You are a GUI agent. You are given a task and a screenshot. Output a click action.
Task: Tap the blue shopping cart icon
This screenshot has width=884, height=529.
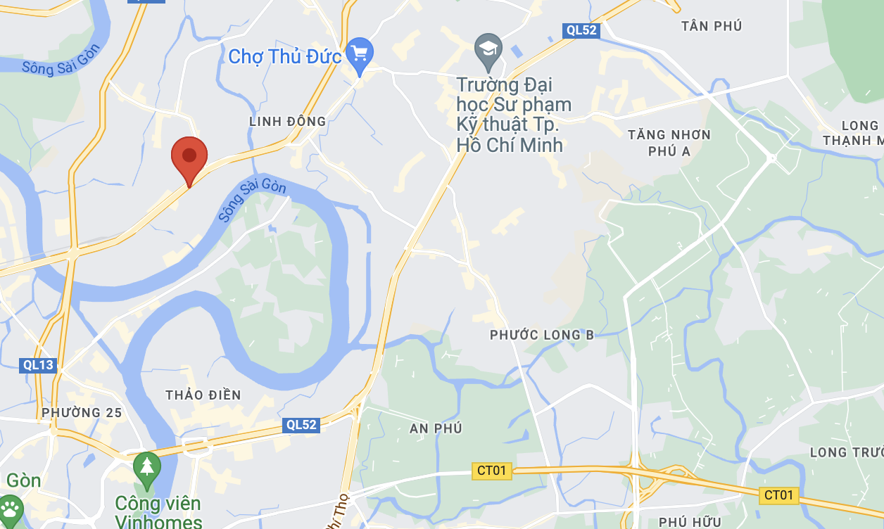point(360,53)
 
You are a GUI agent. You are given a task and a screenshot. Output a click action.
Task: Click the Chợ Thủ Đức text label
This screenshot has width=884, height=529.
point(284,56)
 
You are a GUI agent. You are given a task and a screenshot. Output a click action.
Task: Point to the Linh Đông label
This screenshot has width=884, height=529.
point(288,122)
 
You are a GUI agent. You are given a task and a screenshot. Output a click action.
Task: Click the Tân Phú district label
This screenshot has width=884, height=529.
point(712,26)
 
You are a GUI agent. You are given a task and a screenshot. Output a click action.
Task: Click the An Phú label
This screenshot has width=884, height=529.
point(436,428)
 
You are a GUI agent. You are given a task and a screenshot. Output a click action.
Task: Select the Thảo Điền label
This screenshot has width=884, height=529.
point(203,395)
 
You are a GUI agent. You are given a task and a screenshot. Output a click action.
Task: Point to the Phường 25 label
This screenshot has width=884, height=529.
point(82,412)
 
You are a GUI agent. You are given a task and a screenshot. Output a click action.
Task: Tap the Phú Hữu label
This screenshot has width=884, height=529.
point(690,521)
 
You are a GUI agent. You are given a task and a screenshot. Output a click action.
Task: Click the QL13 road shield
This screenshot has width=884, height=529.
point(38,365)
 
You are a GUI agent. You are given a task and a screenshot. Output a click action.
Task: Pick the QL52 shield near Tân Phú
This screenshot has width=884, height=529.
point(581,30)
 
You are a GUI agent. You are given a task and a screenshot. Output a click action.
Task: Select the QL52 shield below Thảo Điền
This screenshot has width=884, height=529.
point(301,425)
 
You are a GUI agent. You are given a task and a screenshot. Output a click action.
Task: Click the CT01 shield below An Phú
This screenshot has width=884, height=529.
point(491,471)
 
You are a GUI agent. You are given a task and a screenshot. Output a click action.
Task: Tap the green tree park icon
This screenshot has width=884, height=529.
point(147,467)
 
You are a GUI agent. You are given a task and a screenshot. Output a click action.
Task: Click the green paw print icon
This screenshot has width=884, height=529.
point(10,509)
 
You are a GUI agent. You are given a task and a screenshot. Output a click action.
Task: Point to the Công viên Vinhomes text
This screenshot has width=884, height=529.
point(158,512)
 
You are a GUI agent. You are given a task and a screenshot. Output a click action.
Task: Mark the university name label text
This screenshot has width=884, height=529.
point(514,115)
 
